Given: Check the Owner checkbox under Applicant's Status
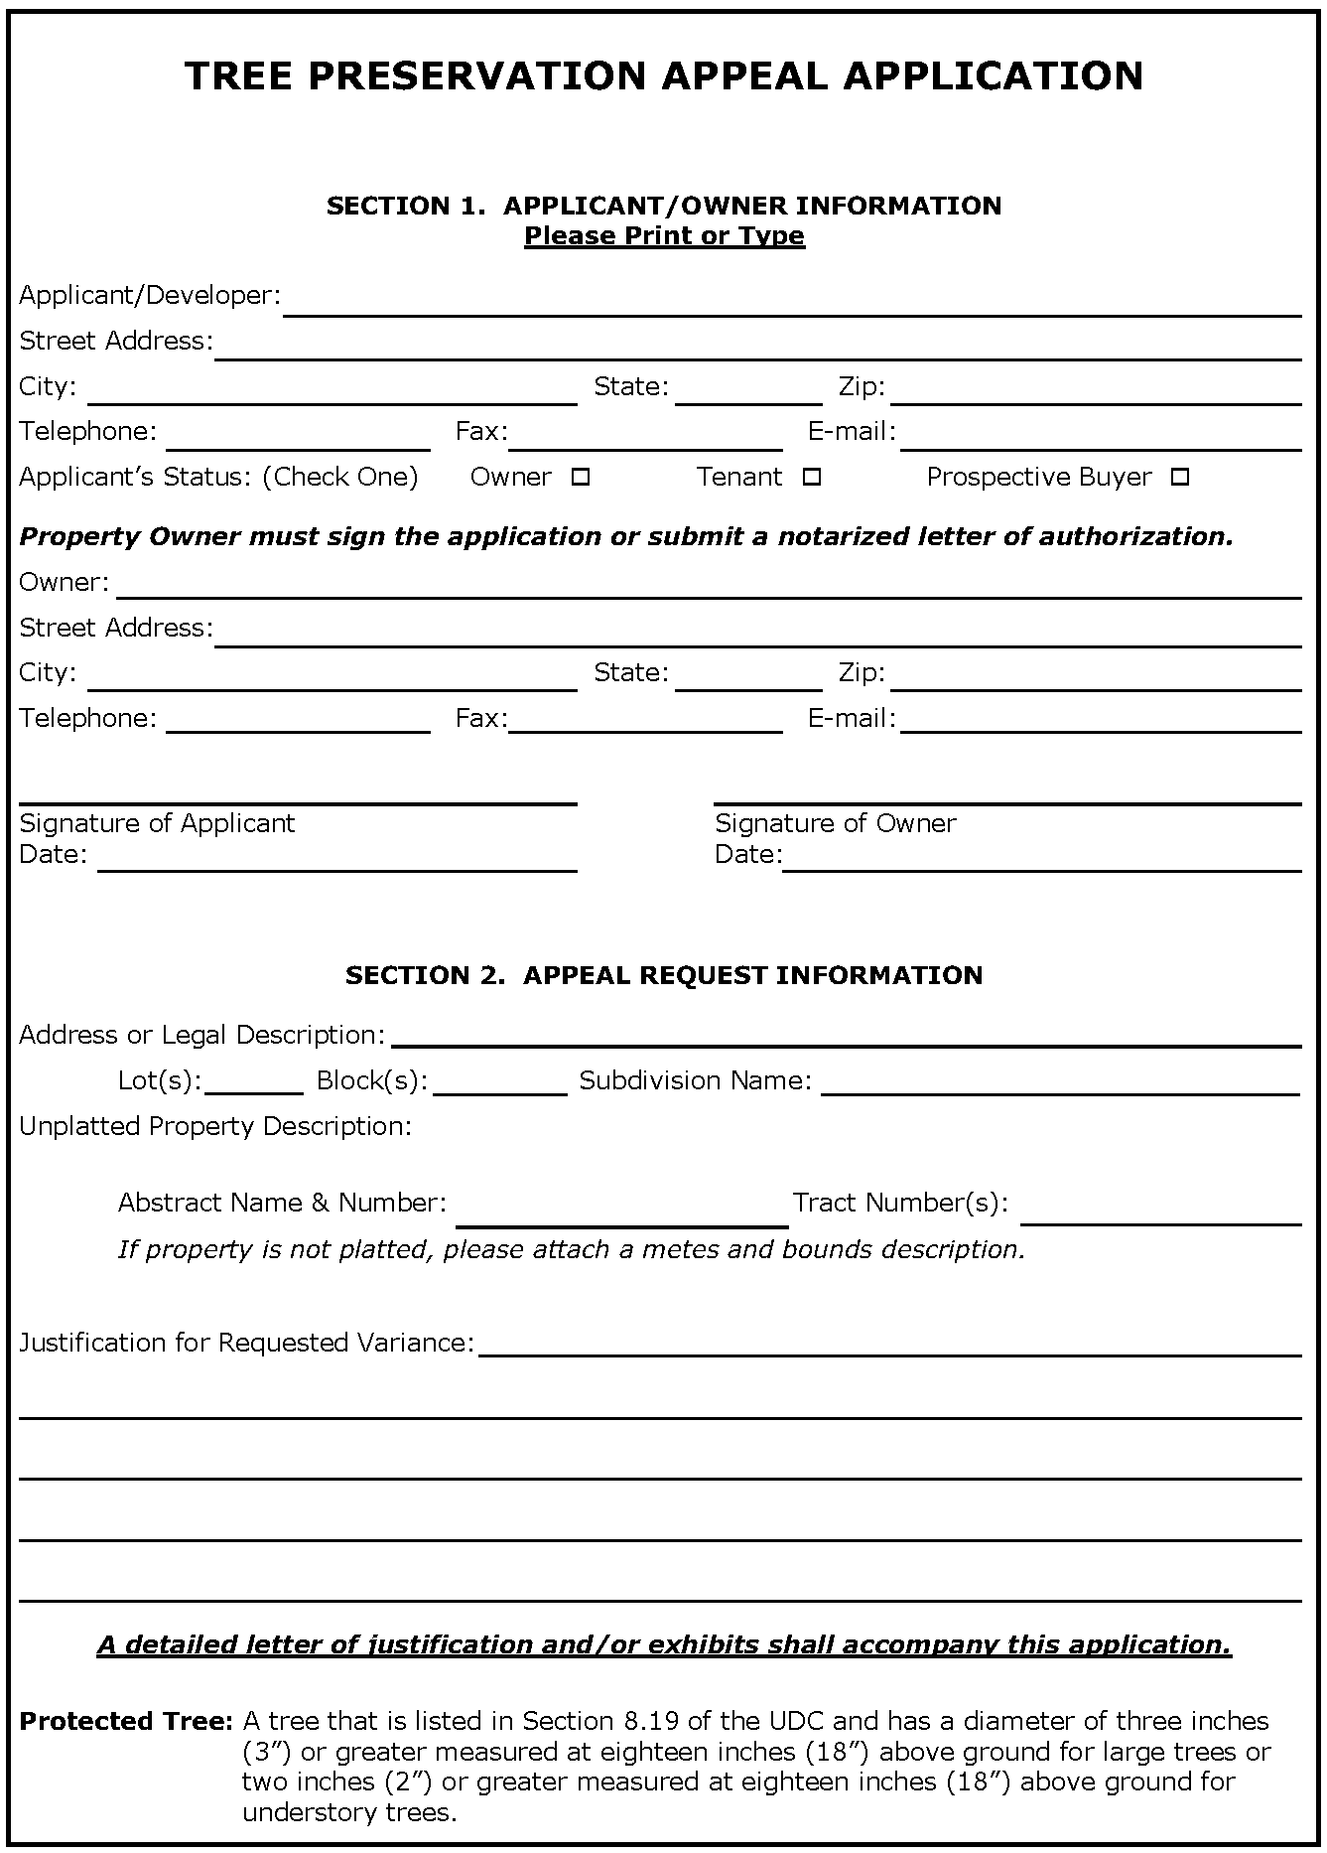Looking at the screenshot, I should click(x=581, y=478).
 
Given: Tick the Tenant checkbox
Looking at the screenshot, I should click(x=812, y=478).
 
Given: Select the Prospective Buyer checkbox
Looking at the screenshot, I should click(x=1179, y=478).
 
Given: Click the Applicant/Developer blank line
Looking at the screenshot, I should click(x=792, y=303).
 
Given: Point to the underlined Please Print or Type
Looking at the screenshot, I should click(x=664, y=236).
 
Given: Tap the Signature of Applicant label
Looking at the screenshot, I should click(x=157, y=823).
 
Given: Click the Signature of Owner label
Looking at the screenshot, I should click(x=835, y=823).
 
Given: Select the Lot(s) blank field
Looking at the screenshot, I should click(x=254, y=1082).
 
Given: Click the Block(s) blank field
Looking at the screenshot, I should click(x=499, y=1082).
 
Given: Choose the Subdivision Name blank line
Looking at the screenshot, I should click(x=1060, y=1082).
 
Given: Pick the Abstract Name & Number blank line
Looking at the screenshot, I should click(x=621, y=1214).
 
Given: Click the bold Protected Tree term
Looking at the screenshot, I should click(x=125, y=1721).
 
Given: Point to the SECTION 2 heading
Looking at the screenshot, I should click(x=663, y=975).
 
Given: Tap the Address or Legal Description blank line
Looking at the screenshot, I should click(x=846, y=1036).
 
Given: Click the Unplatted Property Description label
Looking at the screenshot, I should click(x=214, y=1126).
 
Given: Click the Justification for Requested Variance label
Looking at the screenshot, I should click(x=246, y=1343).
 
